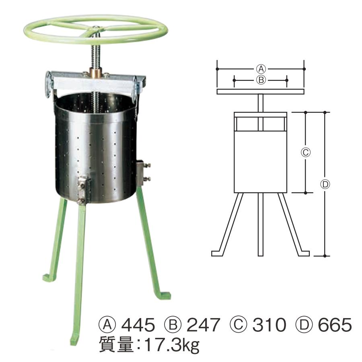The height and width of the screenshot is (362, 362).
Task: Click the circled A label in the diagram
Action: click(x=261, y=68)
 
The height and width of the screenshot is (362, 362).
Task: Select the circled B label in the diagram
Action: click(x=260, y=80)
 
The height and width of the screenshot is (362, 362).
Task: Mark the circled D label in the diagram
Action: click(x=325, y=184)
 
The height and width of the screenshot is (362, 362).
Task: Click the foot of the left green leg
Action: click(x=49, y=277)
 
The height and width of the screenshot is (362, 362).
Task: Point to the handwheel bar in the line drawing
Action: click(x=260, y=92)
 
